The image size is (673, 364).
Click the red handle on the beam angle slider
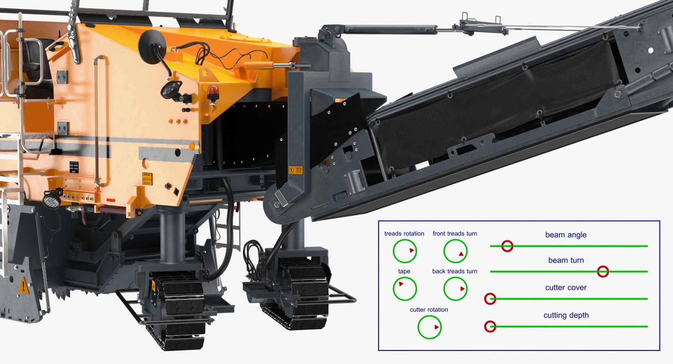507,246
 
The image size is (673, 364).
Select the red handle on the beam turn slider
603,271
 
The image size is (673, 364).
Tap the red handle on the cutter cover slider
490,298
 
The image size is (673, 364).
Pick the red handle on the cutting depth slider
490,326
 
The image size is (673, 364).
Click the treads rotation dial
405,251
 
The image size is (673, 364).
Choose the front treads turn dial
455,251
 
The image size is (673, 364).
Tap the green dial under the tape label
405,289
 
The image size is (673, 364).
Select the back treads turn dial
455,289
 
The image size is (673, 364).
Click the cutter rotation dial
429,327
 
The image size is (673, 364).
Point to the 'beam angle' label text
566,235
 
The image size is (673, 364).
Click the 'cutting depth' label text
566,315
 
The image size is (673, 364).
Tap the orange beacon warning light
212,93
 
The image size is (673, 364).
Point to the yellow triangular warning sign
23,285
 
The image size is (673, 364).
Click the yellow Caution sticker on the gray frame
295,170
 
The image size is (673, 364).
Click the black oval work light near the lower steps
52,199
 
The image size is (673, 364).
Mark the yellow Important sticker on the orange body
147,178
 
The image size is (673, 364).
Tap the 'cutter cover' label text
566,287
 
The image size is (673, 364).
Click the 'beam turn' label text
566,260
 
